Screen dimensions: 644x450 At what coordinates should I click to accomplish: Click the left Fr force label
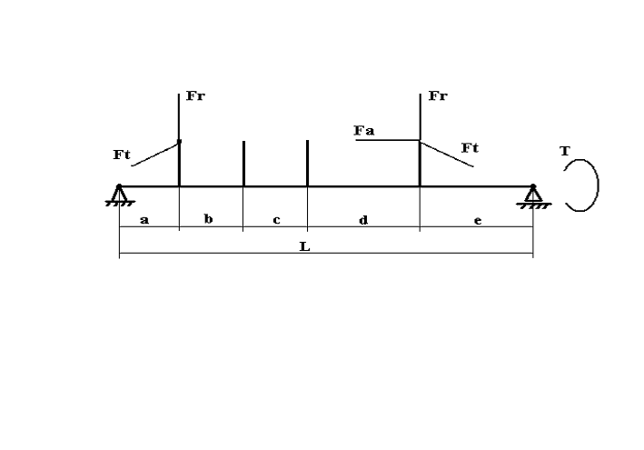pos(195,95)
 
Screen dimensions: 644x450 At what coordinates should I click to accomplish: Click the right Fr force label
pos(438,95)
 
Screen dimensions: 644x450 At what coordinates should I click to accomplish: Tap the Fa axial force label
pos(364,131)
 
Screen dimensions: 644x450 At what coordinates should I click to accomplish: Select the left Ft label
pos(122,155)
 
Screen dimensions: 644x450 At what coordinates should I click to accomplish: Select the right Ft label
pos(470,147)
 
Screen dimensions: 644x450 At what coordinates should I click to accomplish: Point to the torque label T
pos(565,151)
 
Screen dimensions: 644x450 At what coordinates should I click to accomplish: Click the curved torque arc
pos(598,185)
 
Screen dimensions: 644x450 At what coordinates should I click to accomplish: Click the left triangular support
pos(119,195)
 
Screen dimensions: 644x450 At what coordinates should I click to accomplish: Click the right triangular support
pos(533,196)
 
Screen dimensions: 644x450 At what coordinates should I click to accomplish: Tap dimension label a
pos(144,220)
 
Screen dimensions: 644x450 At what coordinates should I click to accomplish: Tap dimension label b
pos(209,219)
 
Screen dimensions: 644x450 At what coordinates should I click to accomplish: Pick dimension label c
pos(276,220)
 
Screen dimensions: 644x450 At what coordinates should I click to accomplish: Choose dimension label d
pos(363,220)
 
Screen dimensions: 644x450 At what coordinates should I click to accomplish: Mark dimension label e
pos(478,221)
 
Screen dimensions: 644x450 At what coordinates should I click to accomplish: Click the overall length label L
pos(305,246)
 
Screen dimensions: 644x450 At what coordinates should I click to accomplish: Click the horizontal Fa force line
pos(388,140)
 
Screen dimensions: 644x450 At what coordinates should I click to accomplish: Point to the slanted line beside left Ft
pos(155,155)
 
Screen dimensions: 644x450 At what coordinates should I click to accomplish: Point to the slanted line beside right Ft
pos(447,155)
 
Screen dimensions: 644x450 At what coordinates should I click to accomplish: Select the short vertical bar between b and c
pos(244,164)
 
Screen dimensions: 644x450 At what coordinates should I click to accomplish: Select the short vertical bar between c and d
pos(308,163)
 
